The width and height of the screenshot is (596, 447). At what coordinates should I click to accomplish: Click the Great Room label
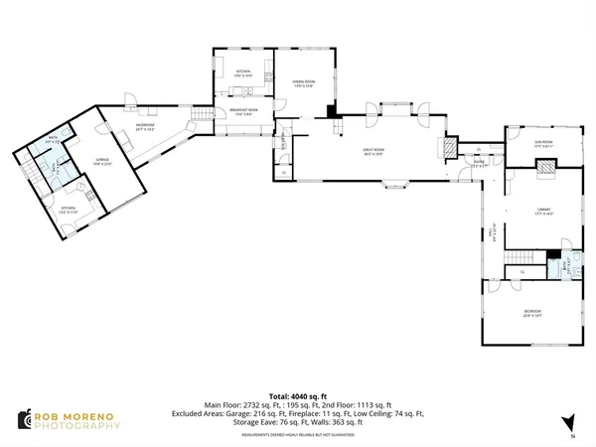pyautogui.click(x=373, y=150)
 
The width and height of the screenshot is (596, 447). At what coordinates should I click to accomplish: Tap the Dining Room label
pyautogui.click(x=304, y=84)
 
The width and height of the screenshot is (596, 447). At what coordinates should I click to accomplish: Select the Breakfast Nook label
pyautogui.click(x=244, y=111)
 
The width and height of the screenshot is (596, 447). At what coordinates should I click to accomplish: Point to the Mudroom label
pyautogui.click(x=146, y=127)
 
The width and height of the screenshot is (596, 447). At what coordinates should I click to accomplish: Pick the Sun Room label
pyautogui.click(x=543, y=143)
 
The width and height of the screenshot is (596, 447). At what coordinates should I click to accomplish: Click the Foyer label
pyautogui.click(x=478, y=162)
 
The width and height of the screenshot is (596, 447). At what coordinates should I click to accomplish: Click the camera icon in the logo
pyautogui.click(x=23, y=421)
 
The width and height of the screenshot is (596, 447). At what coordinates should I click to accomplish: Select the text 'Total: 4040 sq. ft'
pyautogui.click(x=298, y=395)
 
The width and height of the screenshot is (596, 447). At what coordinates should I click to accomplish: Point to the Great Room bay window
pyautogui.click(x=400, y=184)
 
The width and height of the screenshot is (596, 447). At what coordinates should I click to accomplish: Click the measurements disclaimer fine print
pyautogui.click(x=298, y=432)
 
